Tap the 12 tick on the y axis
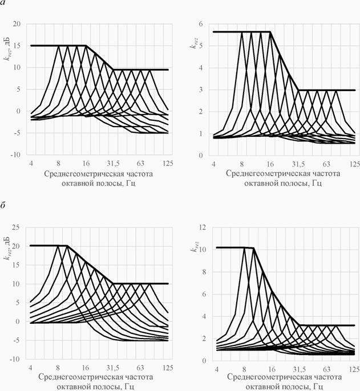click(201, 227)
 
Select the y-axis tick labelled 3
click(203, 90)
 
